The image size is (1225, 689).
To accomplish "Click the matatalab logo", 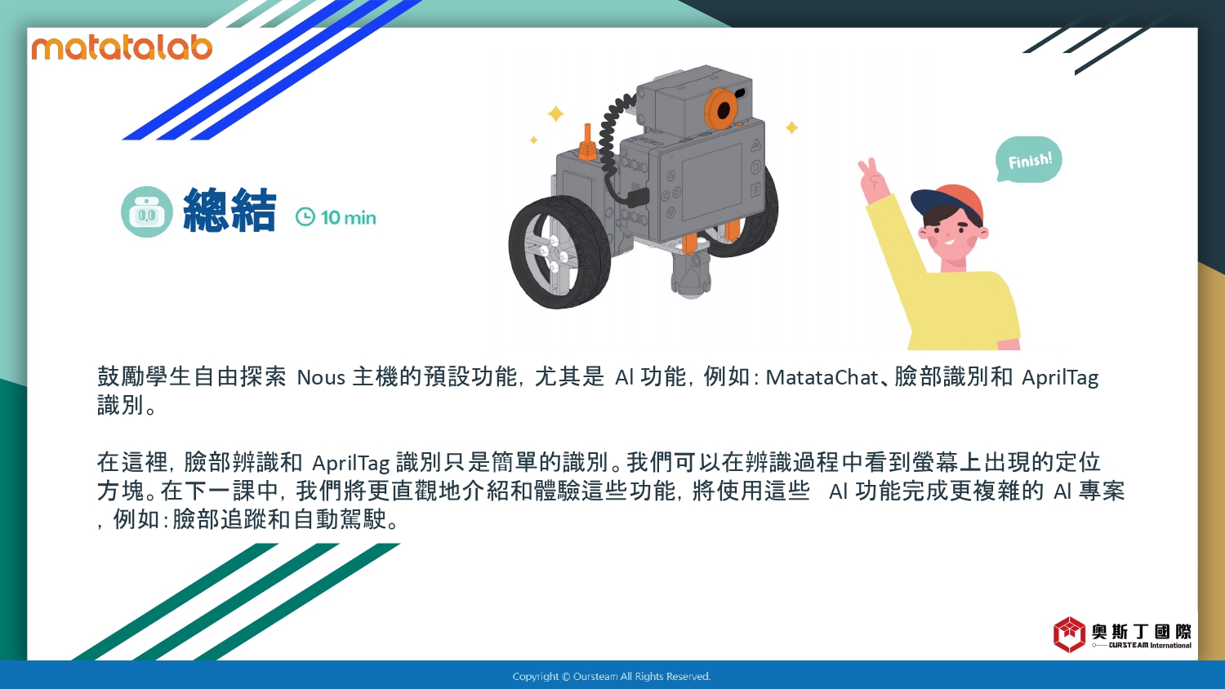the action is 122,48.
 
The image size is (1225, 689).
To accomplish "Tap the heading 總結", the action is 229,210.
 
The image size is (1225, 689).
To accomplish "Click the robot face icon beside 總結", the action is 146,211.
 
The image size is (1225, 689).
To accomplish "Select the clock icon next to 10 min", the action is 305,216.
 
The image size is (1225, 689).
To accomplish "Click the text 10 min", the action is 349,218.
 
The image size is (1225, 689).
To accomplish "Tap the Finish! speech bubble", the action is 1029,160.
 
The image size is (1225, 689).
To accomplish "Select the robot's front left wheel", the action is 559,252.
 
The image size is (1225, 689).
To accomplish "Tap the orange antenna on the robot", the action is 587,143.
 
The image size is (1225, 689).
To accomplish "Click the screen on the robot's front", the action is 711,182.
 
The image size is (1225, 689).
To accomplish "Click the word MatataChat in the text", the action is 822,377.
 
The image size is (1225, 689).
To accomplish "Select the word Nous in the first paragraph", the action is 321,377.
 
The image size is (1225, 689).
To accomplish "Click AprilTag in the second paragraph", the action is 350,463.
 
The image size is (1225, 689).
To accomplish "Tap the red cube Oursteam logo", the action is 1069,634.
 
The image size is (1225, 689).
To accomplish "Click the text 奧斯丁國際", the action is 1142,632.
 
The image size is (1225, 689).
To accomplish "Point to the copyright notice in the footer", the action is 612,677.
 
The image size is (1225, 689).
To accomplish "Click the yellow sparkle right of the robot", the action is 791,127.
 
